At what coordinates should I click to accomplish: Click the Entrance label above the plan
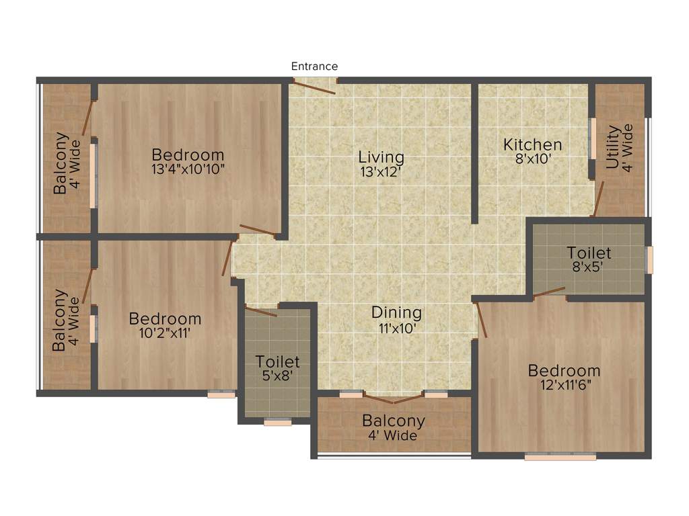[314, 67]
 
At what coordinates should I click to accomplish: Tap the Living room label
[381, 157]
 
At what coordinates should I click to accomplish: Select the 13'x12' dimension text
[381, 171]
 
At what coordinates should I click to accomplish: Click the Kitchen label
[532, 144]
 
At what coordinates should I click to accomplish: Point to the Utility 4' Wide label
[619, 147]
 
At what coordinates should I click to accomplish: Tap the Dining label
[396, 312]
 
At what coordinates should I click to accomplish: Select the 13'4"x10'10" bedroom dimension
[188, 169]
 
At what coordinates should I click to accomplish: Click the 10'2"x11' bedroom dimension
[165, 332]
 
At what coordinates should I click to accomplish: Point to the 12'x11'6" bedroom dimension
[564, 384]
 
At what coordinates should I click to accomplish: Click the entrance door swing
[314, 87]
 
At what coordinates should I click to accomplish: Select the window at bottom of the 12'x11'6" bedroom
[560, 457]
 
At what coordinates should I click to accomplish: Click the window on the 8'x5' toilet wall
[649, 260]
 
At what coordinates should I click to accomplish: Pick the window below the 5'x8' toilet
[277, 423]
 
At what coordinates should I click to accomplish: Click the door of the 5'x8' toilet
[261, 311]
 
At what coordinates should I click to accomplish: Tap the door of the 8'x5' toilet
[550, 292]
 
